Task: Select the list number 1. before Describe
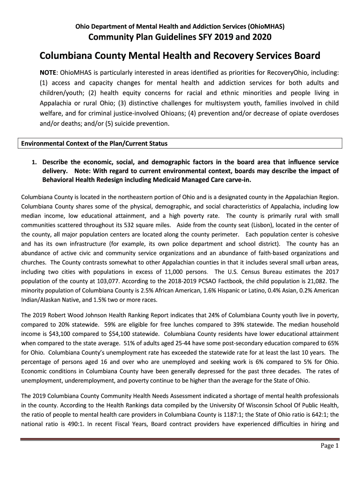click(34, 162)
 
